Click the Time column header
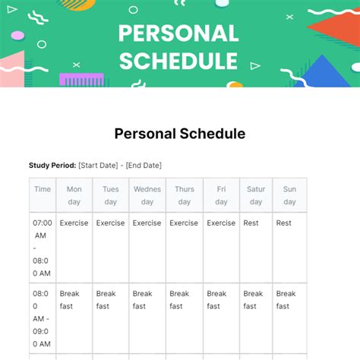pos(43,189)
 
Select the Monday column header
pos(74,195)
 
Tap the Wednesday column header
pos(147,195)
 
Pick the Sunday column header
pos(289,195)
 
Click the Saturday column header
pos(256,195)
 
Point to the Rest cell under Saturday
pos(251,223)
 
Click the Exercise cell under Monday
pos(74,223)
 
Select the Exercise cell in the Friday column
pos(221,223)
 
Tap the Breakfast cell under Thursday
pos(179,300)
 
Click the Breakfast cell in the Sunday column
pos(286,300)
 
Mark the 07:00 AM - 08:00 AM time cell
pos(43,248)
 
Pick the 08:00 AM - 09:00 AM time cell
pos(43,318)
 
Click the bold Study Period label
pos(52,165)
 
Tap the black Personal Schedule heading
pos(180,134)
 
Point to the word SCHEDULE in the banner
pos(179,61)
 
